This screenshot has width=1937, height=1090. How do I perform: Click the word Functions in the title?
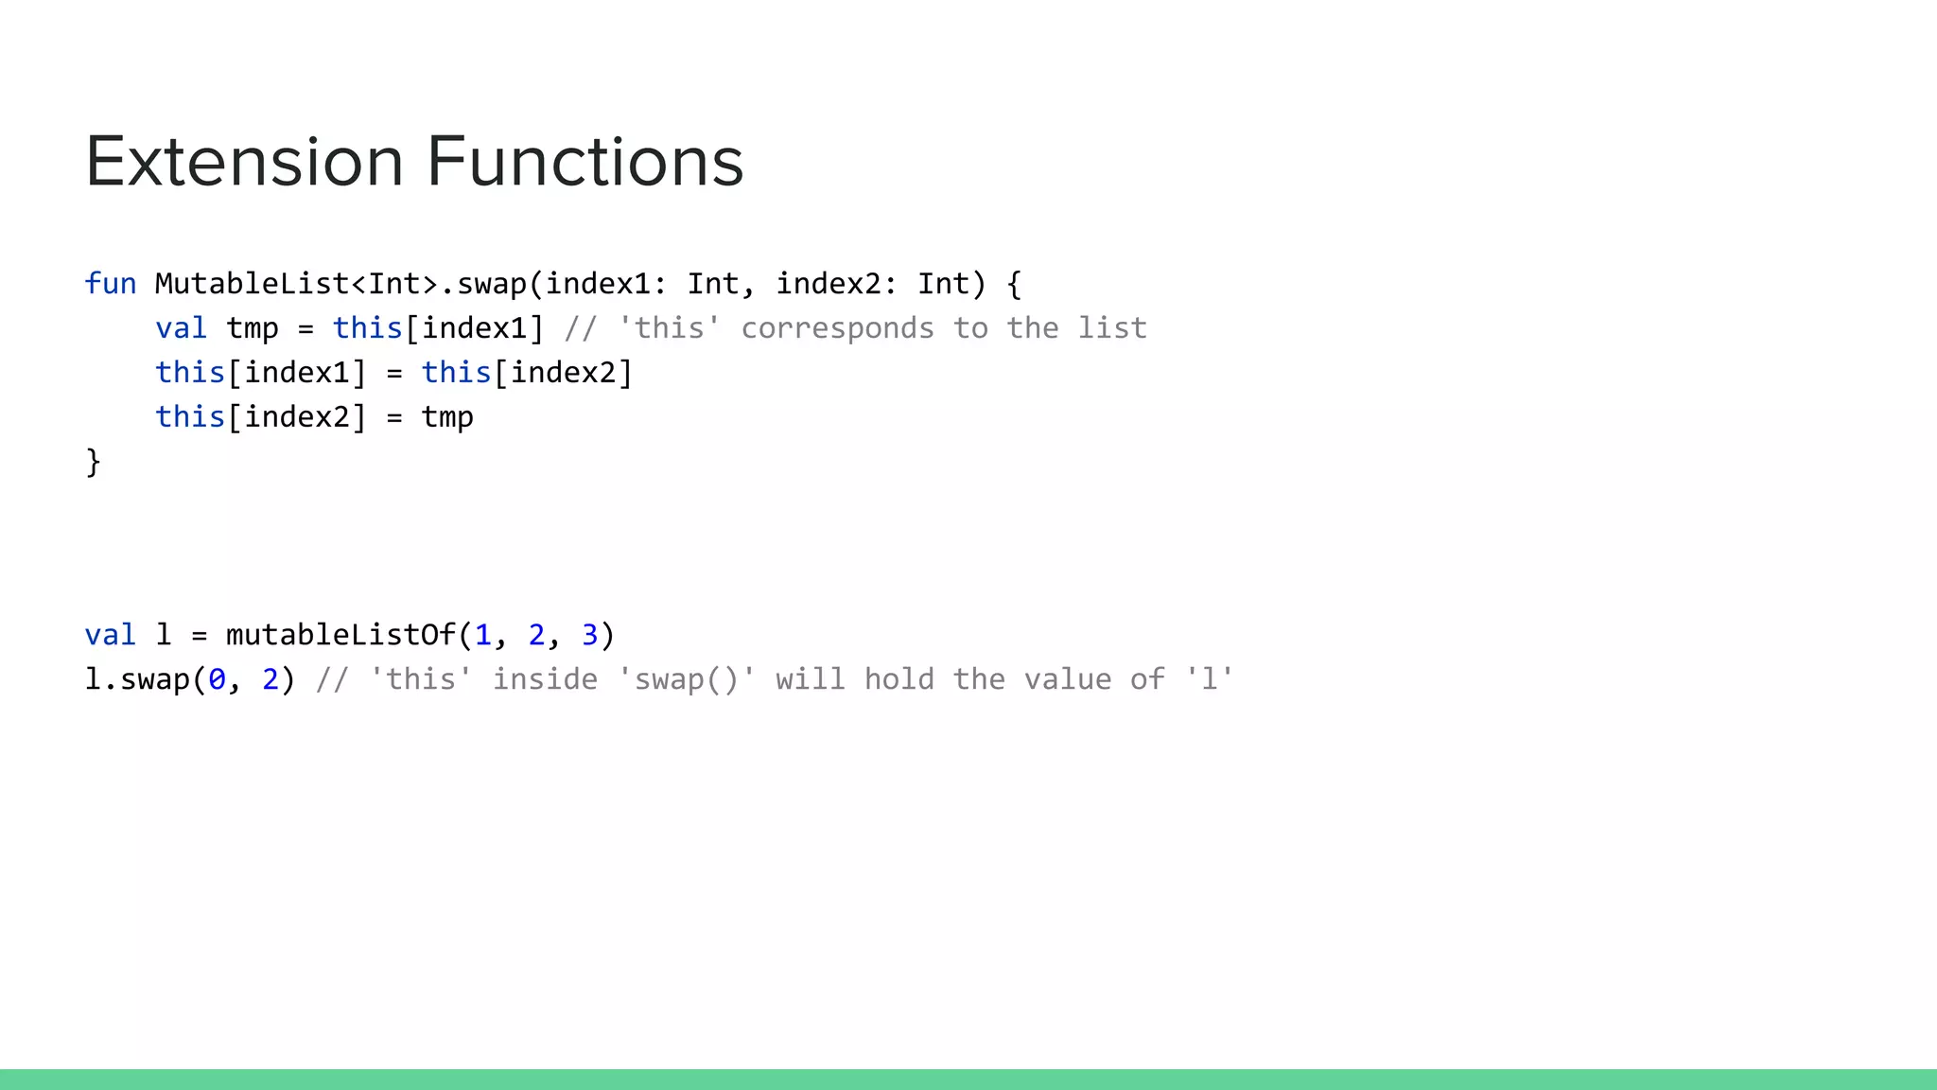click(x=585, y=162)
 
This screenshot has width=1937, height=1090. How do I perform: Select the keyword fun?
click(x=111, y=284)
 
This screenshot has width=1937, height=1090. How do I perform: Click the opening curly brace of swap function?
click(x=1014, y=284)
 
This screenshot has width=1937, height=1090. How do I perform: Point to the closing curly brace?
click(x=93, y=462)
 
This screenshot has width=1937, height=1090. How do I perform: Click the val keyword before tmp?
click(x=181, y=328)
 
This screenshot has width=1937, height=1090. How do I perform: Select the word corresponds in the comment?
click(x=837, y=328)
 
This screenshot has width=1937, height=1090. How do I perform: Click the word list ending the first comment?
click(x=1112, y=328)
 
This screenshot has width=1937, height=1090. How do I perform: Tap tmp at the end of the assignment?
click(x=447, y=417)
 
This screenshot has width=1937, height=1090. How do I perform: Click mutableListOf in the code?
click(x=340, y=635)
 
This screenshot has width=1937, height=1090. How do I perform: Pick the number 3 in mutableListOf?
click(x=589, y=635)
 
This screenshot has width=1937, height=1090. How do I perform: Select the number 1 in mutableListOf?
click(x=483, y=635)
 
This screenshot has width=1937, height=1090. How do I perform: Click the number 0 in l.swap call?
click(x=218, y=679)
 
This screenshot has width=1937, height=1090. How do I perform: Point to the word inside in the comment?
click(x=545, y=679)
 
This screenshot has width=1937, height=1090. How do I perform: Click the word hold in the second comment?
click(x=899, y=679)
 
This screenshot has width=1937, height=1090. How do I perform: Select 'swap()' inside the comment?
click(x=686, y=679)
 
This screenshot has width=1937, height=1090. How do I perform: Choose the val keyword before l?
click(x=111, y=635)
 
